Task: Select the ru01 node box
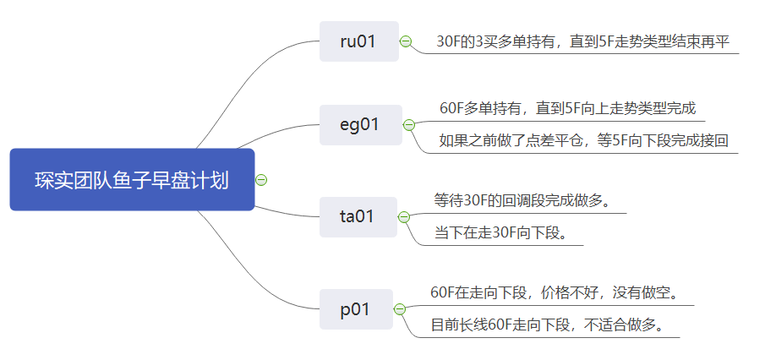[358, 41]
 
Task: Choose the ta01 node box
[358, 216]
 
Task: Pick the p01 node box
[355, 309]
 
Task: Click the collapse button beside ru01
[406, 41]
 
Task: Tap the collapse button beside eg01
[409, 125]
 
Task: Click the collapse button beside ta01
[406, 216]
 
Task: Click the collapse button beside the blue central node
[261, 180]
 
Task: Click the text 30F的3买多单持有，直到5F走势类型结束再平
[582, 41]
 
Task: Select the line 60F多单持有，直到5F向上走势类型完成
[567, 108]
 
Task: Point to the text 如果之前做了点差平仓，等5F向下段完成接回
[583, 141]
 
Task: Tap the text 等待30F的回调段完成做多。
[522, 200]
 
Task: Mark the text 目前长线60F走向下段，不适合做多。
[546, 325]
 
